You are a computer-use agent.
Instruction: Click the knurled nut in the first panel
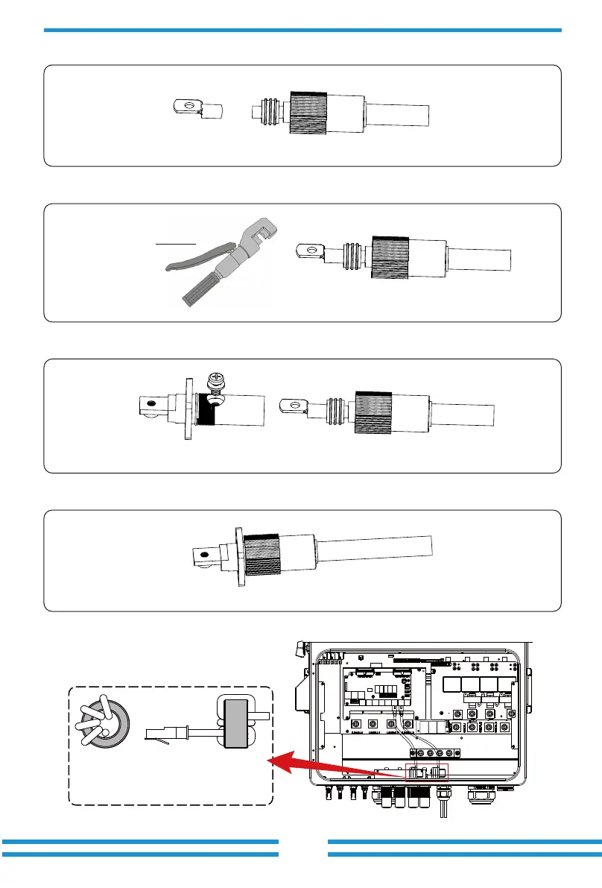(x=308, y=116)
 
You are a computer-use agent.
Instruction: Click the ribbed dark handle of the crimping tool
(x=202, y=287)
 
